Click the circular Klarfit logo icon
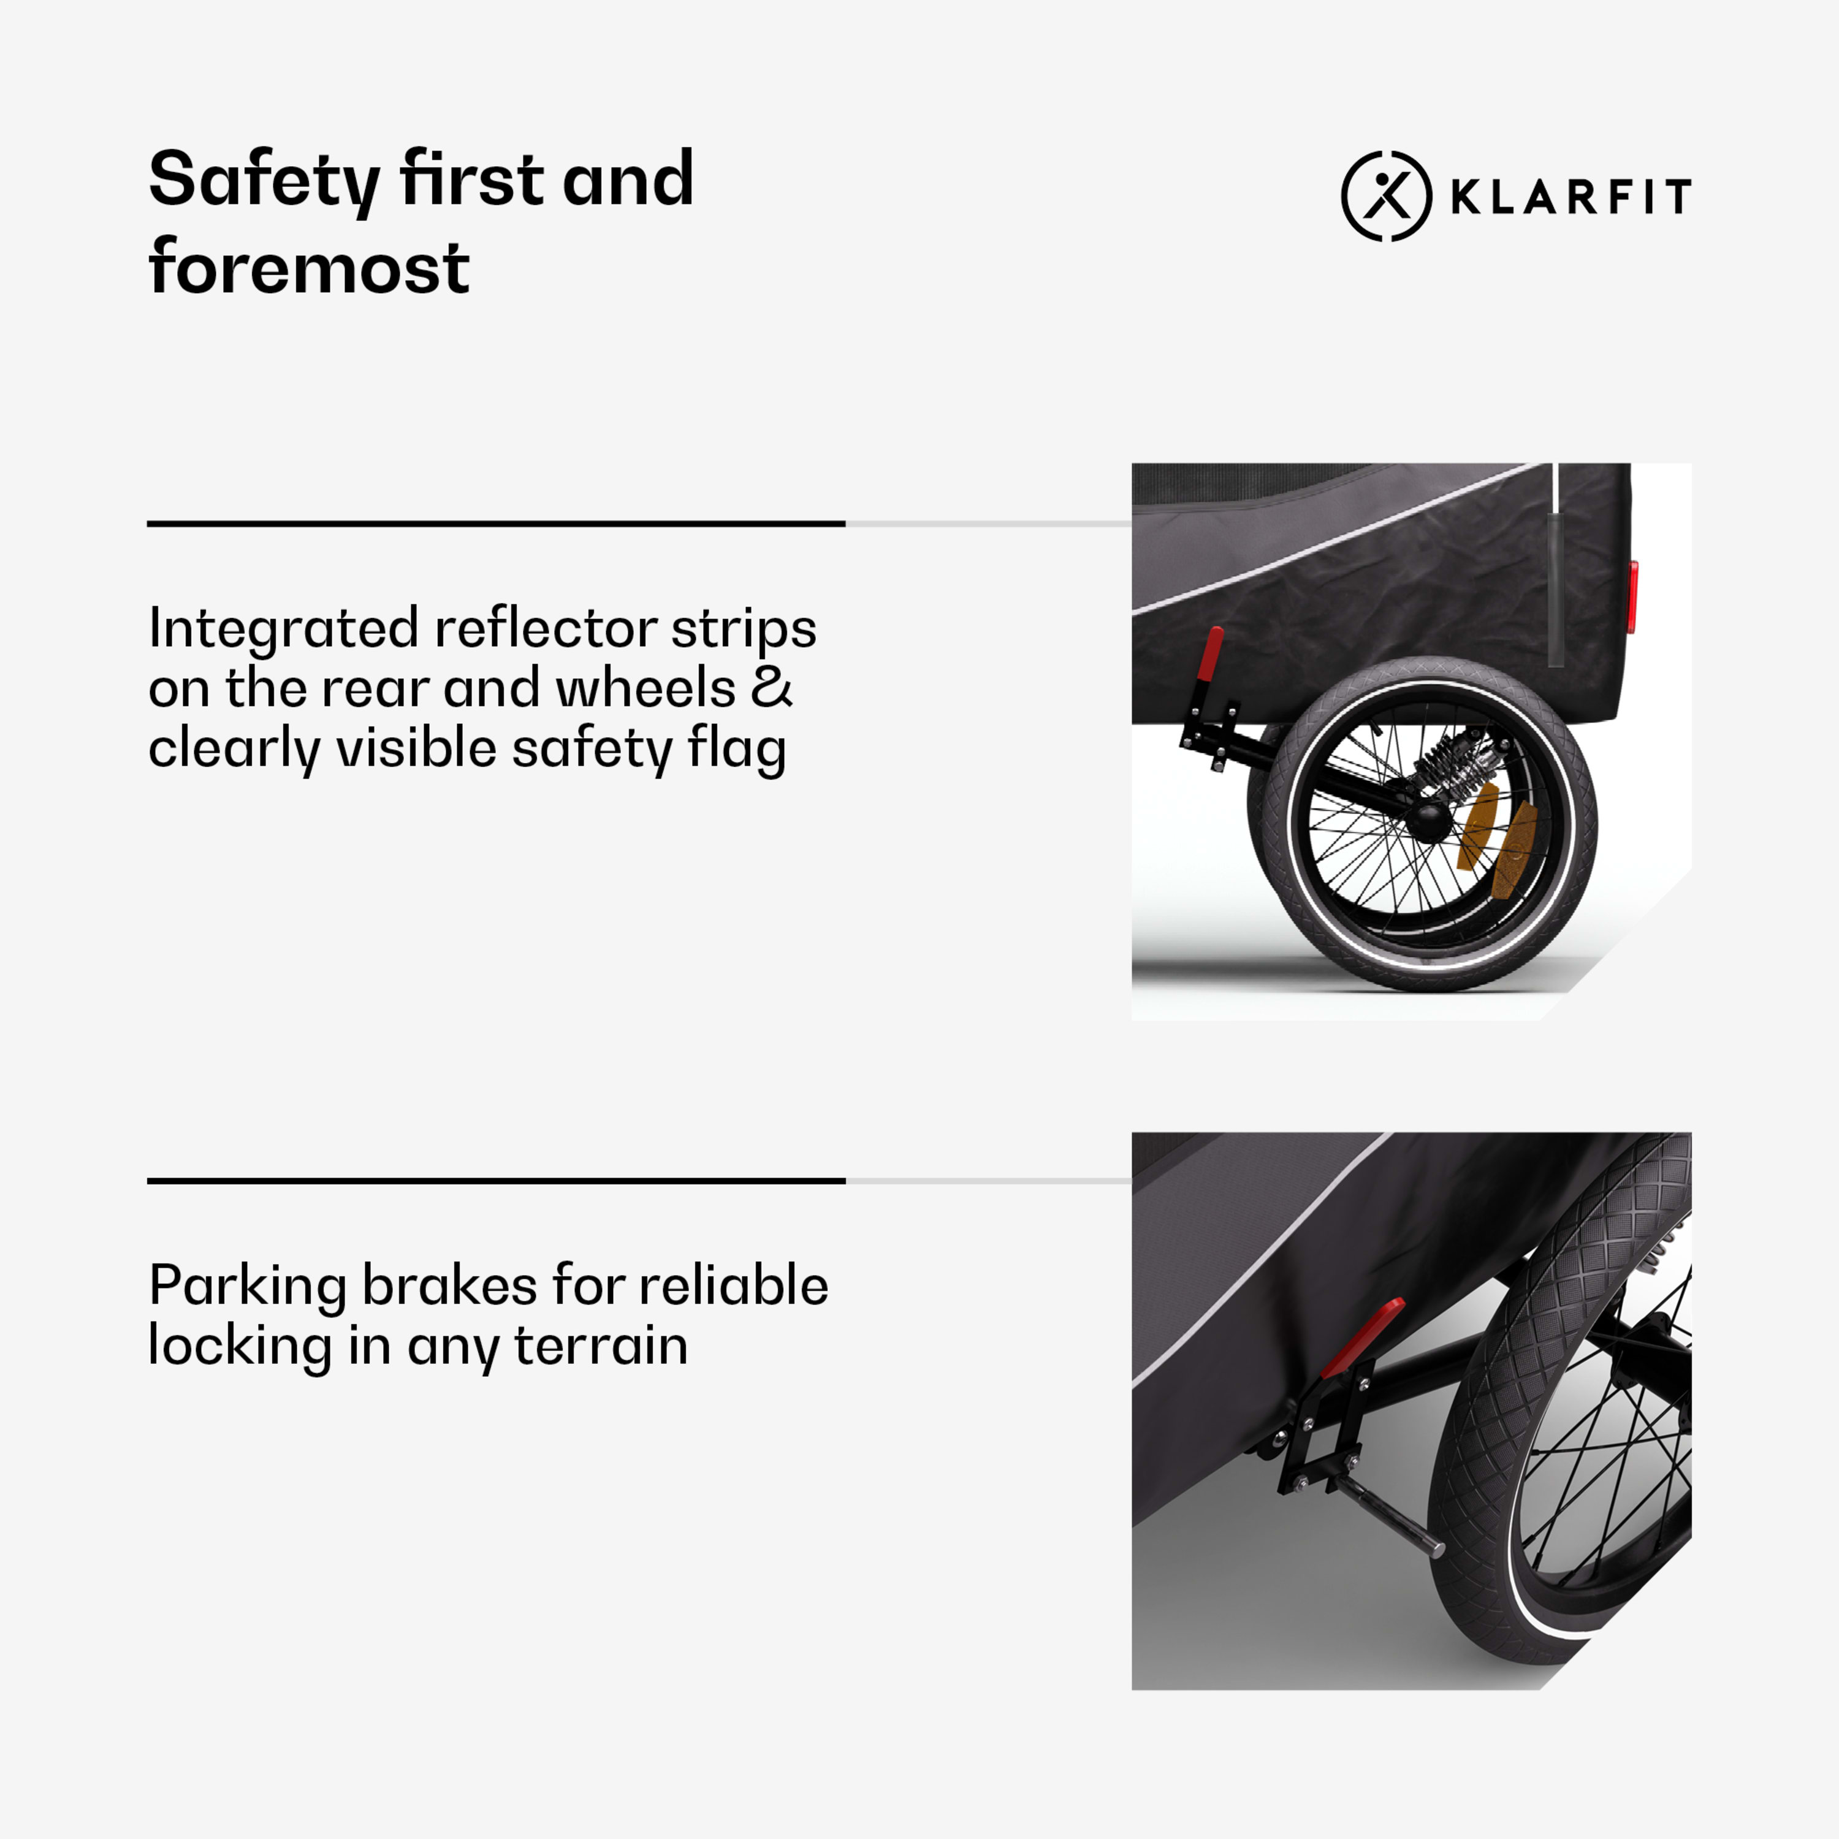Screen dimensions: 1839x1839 (1386, 196)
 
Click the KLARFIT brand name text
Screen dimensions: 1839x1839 (1571, 197)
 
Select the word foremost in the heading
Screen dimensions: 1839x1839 (310, 267)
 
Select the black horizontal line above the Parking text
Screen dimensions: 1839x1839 (496, 1181)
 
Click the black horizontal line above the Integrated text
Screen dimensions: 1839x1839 (496, 524)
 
